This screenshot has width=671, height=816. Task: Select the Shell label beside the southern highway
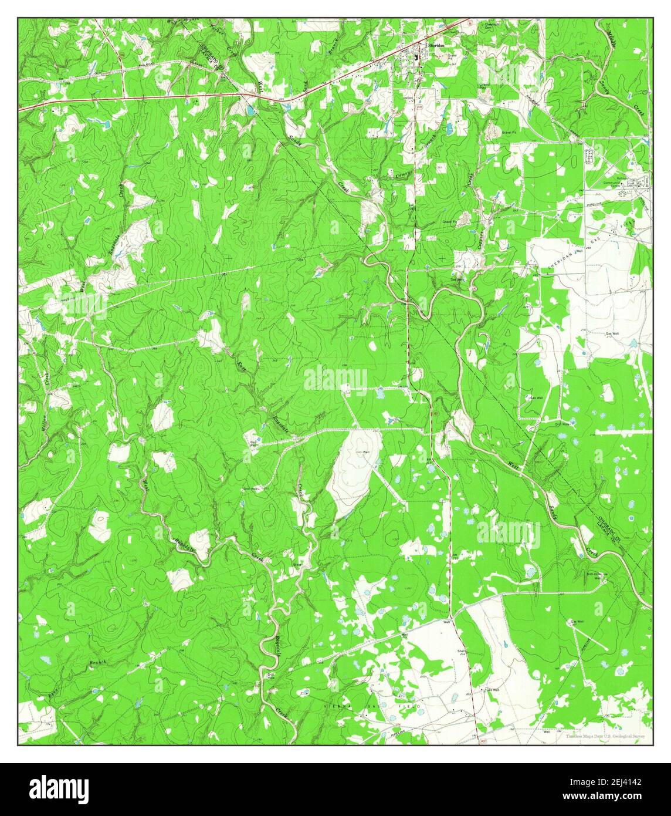pos(461,651)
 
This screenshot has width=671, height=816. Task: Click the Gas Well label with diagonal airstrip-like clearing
pos(576,622)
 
